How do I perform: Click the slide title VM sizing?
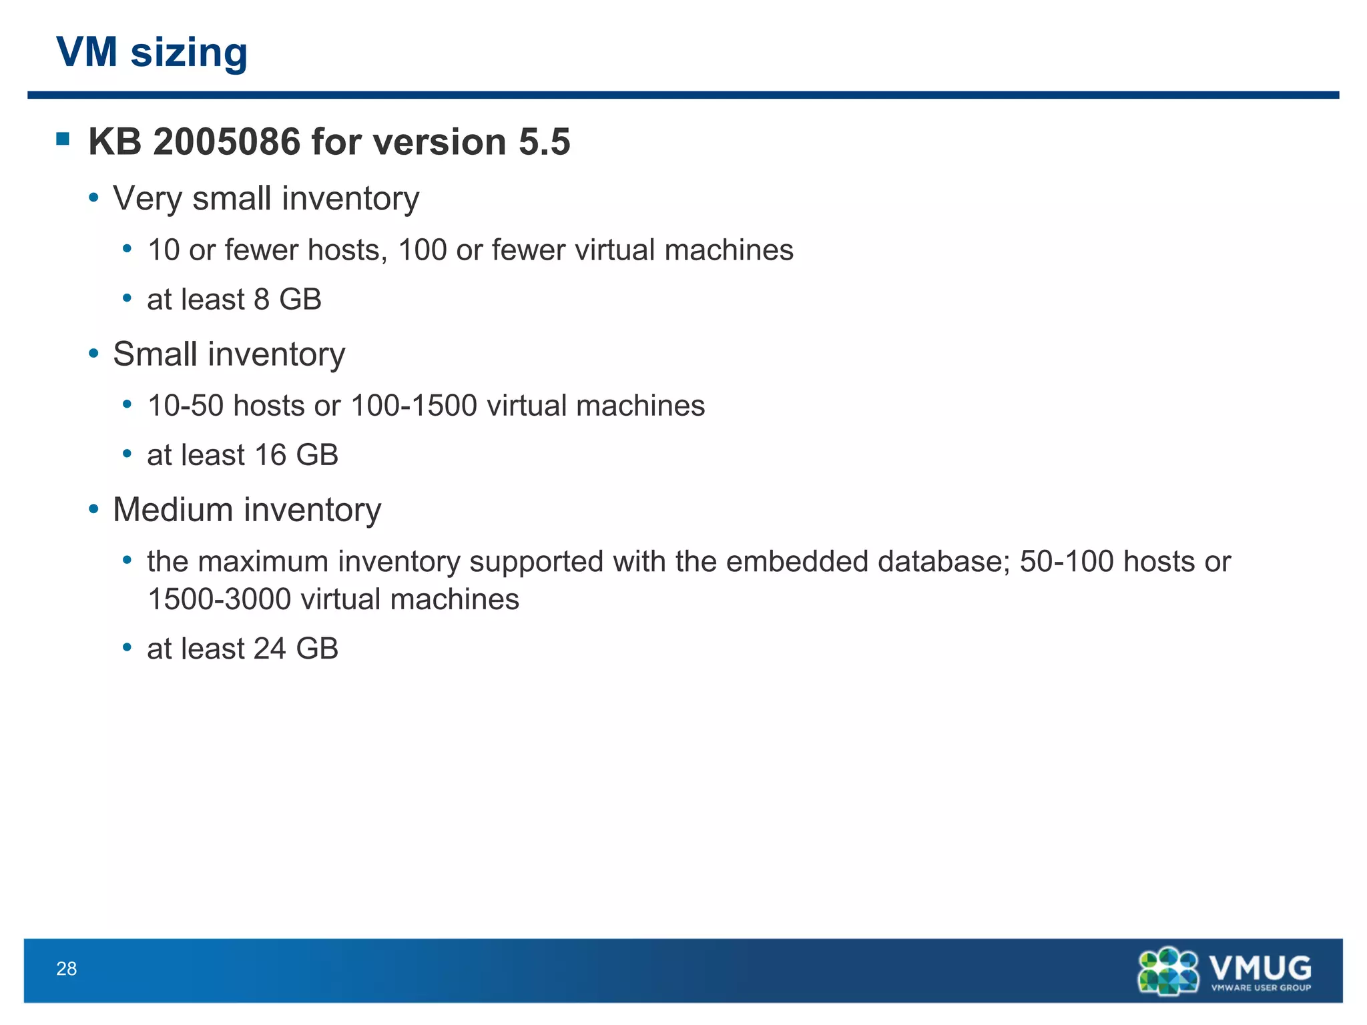click(x=152, y=52)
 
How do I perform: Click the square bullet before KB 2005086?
click(x=63, y=139)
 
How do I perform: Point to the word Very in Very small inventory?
click(x=147, y=199)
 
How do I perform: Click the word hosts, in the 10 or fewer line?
click(x=347, y=250)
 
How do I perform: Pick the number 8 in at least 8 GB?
click(x=262, y=300)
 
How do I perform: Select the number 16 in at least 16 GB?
click(x=270, y=455)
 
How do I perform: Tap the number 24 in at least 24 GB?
click(x=270, y=649)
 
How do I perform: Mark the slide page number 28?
click(x=67, y=969)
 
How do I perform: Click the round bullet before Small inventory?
click(x=94, y=354)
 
